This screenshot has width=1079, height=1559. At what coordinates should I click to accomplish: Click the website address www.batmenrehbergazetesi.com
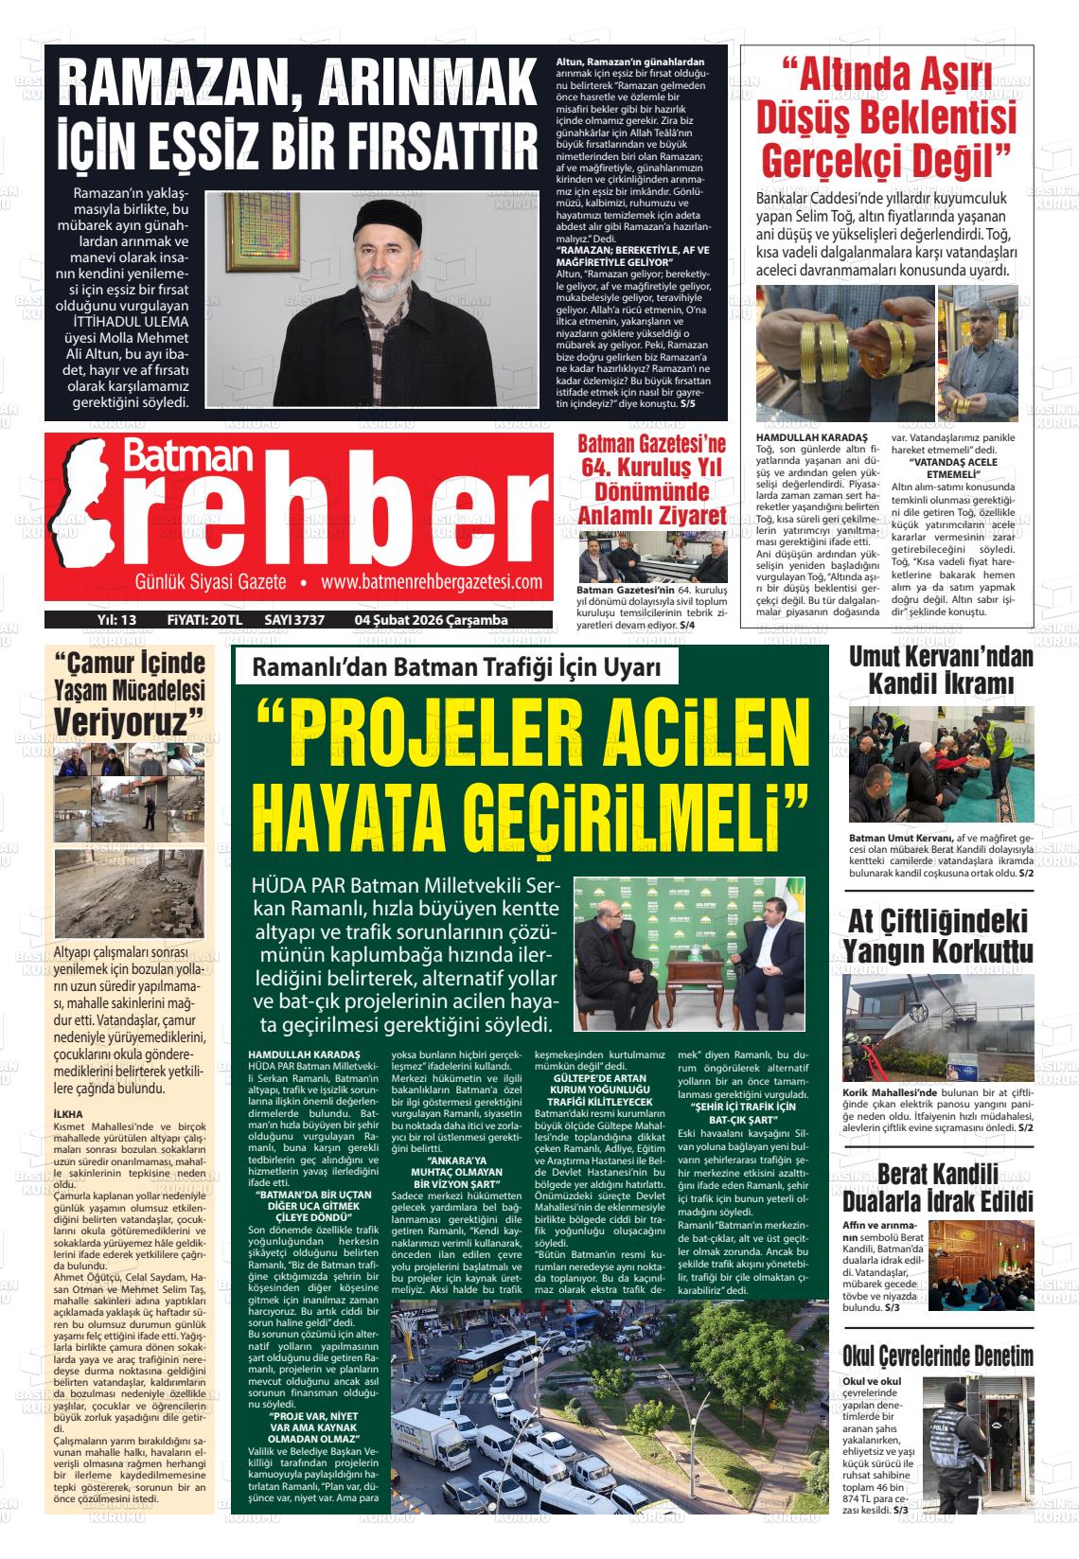point(431,582)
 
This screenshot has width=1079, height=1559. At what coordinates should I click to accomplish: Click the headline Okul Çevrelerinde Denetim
point(938,1355)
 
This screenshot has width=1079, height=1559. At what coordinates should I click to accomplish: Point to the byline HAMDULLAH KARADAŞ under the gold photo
point(799,438)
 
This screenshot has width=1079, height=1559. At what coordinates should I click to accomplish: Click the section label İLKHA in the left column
point(68,1114)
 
